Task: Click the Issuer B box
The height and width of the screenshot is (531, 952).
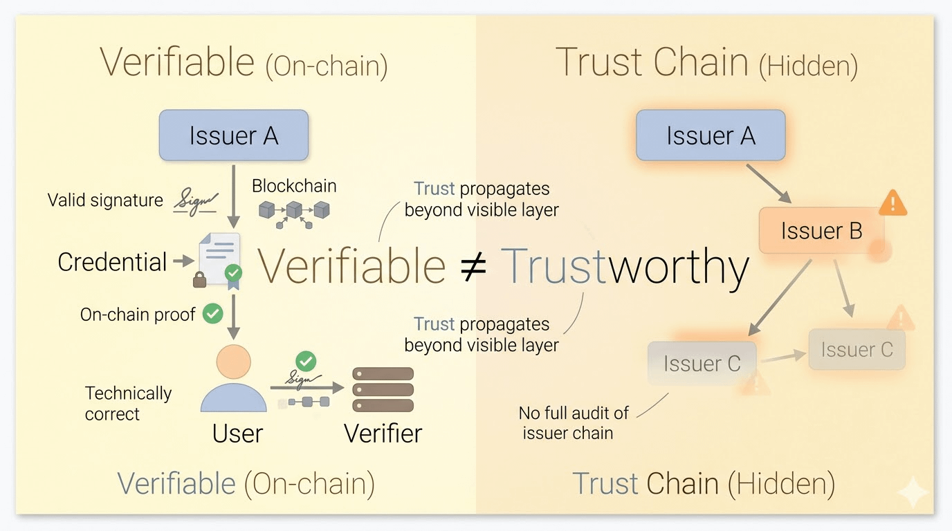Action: (821, 231)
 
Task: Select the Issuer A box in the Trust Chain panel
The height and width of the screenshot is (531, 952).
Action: (711, 136)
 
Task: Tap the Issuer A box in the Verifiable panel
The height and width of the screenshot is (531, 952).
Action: (233, 136)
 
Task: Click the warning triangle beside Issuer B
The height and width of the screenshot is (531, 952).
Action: (892, 203)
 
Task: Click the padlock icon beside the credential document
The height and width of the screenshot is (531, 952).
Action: (200, 279)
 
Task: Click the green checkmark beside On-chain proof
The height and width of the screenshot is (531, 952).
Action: (212, 314)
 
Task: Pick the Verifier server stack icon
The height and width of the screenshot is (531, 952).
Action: (383, 390)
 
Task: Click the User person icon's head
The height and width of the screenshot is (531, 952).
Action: (233, 362)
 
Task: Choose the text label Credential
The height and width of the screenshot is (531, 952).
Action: (112, 262)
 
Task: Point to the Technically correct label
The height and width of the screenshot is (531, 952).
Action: (128, 403)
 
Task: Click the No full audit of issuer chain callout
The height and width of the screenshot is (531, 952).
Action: (574, 423)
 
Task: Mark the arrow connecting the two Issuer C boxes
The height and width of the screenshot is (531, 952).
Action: (782, 357)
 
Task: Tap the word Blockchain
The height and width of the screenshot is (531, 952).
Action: (294, 186)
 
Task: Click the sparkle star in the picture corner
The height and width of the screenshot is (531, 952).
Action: (912, 492)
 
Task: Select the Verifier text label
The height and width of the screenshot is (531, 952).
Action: (383, 434)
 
